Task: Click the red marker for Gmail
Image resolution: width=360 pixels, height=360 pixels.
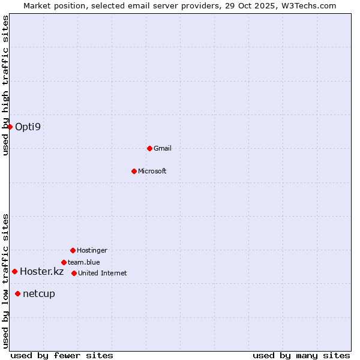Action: (149, 148)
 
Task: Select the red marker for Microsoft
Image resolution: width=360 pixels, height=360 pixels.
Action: (134, 171)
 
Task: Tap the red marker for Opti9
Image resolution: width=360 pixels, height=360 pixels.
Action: (10, 127)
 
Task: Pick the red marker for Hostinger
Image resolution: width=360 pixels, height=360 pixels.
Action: (73, 250)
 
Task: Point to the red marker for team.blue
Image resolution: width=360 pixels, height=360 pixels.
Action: (64, 262)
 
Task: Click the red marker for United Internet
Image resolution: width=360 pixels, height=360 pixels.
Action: (74, 273)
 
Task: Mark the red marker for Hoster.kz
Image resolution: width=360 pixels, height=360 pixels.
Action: (14, 271)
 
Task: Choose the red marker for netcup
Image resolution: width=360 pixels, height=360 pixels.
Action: (17, 293)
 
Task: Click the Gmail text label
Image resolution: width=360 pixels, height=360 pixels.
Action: (163, 148)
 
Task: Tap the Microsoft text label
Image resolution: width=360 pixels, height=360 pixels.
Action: (152, 171)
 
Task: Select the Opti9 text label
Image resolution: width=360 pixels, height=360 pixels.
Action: (28, 127)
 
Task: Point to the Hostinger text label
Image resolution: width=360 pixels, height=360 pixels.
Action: (92, 250)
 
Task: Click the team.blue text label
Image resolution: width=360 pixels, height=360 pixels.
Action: (84, 262)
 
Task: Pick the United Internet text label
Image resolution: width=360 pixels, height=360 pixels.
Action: (103, 273)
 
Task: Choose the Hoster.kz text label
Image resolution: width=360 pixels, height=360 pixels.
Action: (41, 271)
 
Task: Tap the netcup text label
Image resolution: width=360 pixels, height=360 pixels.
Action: (39, 293)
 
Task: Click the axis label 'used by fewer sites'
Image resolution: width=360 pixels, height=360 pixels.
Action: (62, 355)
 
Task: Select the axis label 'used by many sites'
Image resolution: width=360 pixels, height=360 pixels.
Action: (301, 355)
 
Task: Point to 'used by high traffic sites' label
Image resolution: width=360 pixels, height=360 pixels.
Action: (5, 85)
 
